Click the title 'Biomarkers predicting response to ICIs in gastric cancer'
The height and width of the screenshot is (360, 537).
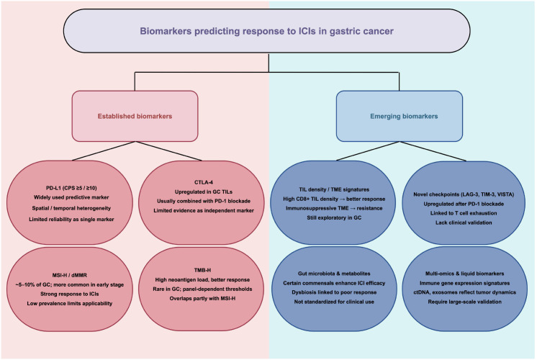[266, 31]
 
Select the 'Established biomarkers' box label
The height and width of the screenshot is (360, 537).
[135, 116]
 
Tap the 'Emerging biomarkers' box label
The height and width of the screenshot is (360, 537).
[404, 116]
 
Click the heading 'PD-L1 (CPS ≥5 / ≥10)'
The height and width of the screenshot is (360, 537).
[71, 188]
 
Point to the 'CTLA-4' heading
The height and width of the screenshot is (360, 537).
[204, 182]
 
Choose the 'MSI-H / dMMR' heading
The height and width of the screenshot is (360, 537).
[70, 275]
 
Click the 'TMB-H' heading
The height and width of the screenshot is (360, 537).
[202, 270]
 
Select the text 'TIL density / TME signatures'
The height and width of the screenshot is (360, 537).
[334, 189]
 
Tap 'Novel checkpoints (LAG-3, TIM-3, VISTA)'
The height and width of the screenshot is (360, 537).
[464, 194]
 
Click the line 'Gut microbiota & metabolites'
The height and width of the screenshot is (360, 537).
[334, 274]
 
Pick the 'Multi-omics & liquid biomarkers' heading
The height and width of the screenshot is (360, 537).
[464, 274]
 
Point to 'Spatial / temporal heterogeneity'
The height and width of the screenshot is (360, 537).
[71, 208]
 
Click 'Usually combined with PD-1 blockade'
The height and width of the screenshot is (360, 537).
[204, 201]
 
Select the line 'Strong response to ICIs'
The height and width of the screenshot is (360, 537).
[70, 294]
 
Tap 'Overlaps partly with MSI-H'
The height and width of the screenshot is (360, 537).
[202, 298]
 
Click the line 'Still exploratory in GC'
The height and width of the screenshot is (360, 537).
[334, 217]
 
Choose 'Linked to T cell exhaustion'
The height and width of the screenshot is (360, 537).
[464, 213]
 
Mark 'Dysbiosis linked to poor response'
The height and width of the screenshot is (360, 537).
[334, 292]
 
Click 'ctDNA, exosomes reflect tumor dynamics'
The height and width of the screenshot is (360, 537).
[464, 292]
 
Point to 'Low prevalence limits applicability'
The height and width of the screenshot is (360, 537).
[70, 304]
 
